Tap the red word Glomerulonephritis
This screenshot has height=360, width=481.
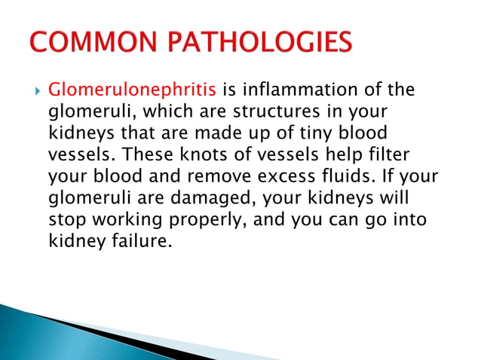[x=132, y=91]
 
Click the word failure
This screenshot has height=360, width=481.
[x=142, y=243]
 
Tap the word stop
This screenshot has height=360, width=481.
[x=63, y=221]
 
